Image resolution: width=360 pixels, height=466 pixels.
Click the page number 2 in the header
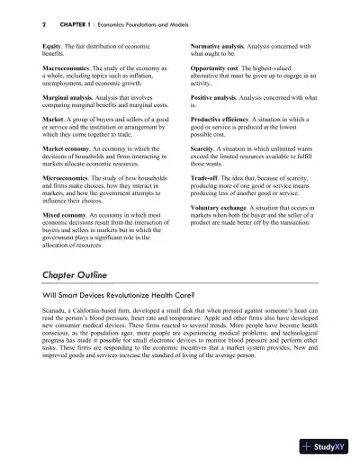pos(19,23)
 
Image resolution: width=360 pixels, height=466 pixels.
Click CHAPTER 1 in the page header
pos(55,23)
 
